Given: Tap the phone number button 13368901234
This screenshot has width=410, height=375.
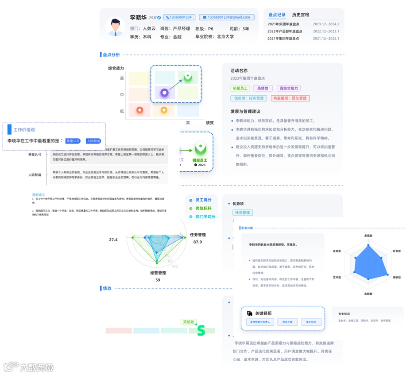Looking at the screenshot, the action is coord(179,17).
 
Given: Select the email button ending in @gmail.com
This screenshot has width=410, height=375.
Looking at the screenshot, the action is coord(227,17).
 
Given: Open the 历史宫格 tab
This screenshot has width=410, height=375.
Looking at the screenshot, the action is coord(300,15).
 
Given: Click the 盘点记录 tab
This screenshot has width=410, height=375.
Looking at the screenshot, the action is coord(277,15).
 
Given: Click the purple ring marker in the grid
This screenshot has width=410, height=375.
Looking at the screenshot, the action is coord(164,93).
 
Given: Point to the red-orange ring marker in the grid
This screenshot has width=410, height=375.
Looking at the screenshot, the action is coord(139,110).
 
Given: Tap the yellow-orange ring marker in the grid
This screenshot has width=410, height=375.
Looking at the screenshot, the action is coord(164,110).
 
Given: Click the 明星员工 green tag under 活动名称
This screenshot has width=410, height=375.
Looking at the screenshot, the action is coord(240,88).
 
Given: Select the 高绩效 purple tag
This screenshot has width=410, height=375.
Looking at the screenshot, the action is coord(263,88).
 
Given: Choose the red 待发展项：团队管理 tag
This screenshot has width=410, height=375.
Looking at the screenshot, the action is coord(290,98).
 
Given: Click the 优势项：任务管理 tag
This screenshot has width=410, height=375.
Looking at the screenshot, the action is coord(248,98).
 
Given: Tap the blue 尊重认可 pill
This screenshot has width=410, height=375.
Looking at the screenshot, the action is coord(73,141).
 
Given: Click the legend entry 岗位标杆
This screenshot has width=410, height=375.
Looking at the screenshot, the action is coord(203,208).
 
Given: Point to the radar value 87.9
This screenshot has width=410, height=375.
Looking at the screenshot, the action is coord(197,242).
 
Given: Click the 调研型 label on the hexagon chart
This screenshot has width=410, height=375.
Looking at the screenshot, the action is coord(396,277).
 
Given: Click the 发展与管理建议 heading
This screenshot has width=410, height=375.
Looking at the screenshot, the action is coord(245,111).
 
